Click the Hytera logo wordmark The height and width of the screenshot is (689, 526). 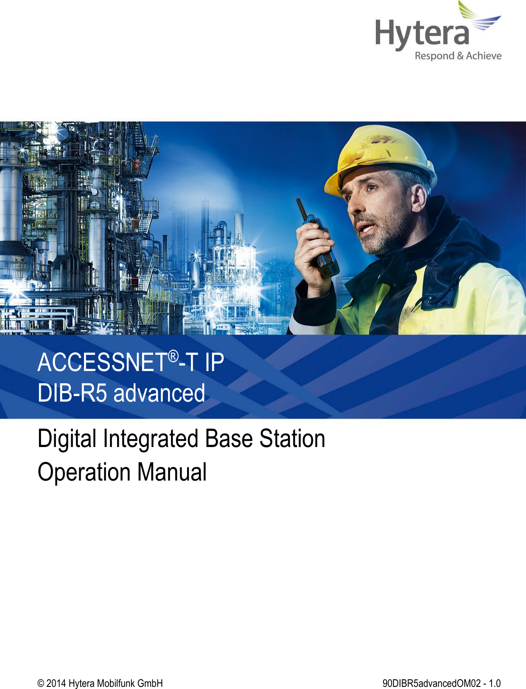(x=422, y=34)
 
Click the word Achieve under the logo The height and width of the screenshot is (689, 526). (x=484, y=56)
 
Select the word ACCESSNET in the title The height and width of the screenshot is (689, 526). (x=102, y=363)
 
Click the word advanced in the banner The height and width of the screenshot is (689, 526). (x=159, y=393)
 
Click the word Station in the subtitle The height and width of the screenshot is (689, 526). (x=292, y=439)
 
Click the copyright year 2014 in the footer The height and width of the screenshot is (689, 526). (x=56, y=683)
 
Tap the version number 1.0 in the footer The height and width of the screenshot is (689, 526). (x=495, y=683)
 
